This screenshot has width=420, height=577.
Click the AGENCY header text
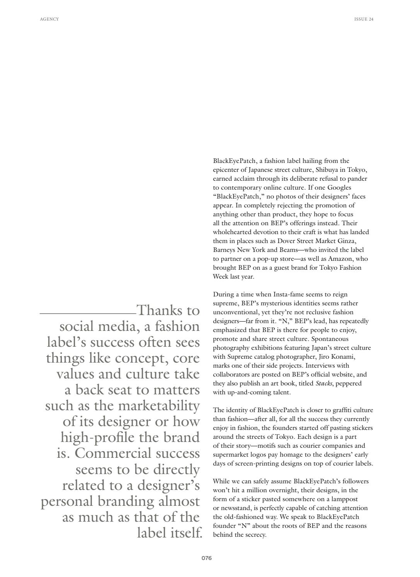point(49,19)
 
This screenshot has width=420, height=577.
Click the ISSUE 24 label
point(364,19)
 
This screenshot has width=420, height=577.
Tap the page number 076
point(207,558)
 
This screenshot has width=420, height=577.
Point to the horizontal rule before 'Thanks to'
point(88,313)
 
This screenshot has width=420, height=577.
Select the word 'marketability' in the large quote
point(158,406)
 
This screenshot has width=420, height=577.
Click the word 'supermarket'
point(230,455)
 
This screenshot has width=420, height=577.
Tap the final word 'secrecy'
point(255,535)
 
